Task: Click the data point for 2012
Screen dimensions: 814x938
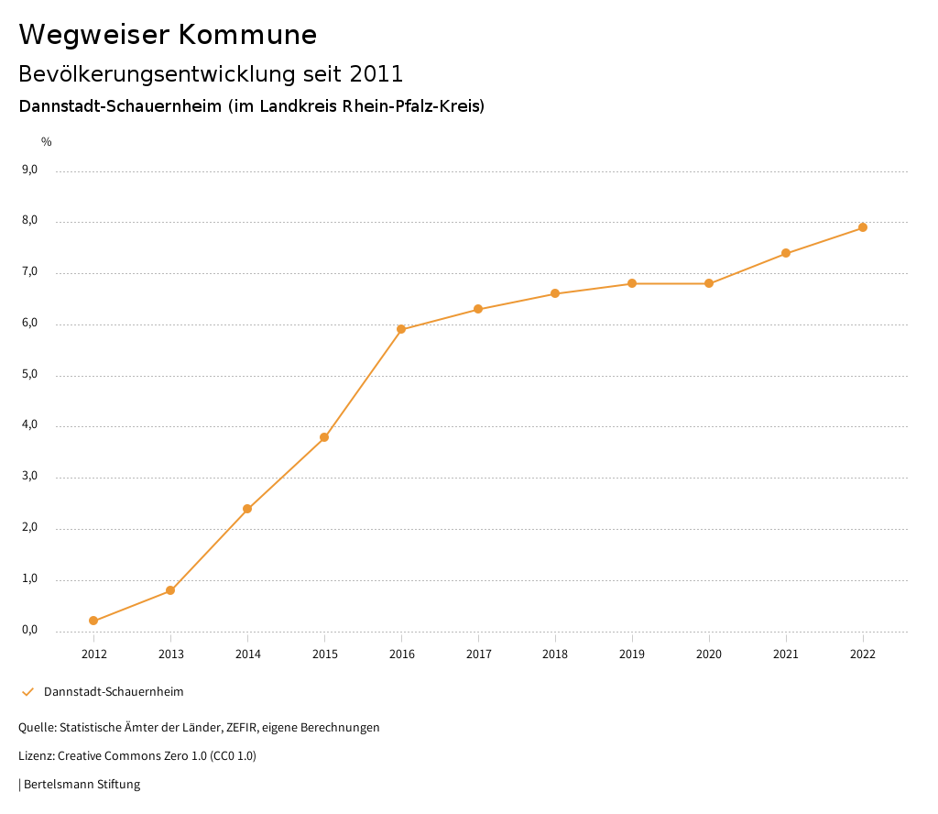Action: click(x=93, y=621)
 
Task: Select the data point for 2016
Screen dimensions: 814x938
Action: click(x=401, y=329)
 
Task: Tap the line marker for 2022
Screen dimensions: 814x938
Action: click(x=863, y=227)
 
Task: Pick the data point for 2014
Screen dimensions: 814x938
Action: click(x=247, y=509)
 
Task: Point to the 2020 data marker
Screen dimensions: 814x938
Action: click(x=709, y=283)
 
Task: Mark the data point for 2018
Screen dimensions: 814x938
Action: click(x=555, y=293)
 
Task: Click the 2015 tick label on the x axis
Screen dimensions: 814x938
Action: click(x=324, y=654)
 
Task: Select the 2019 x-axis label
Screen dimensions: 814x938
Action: click(x=632, y=654)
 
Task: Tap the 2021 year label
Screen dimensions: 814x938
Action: click(x=786, y=654)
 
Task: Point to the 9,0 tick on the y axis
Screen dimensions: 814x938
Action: click(x=29, y=170)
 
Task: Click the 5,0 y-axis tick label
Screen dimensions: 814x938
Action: click(x=29, y=374)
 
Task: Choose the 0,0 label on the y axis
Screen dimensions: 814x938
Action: click(x=29, y=630)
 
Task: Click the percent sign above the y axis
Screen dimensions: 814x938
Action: click(x=47, y=142)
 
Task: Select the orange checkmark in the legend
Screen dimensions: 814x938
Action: click(x=27, y=692)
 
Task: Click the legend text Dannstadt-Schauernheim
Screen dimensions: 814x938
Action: click(x=114, y=692)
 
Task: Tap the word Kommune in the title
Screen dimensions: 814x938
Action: click(x=248, y=35)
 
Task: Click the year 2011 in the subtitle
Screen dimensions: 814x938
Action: click(x=376, y=73)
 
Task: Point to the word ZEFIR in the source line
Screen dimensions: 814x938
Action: click(x=241, y=728)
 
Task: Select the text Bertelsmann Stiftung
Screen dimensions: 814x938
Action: click(x=82, y=785)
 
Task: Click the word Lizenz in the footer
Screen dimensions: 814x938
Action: click(x=36, y=756)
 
